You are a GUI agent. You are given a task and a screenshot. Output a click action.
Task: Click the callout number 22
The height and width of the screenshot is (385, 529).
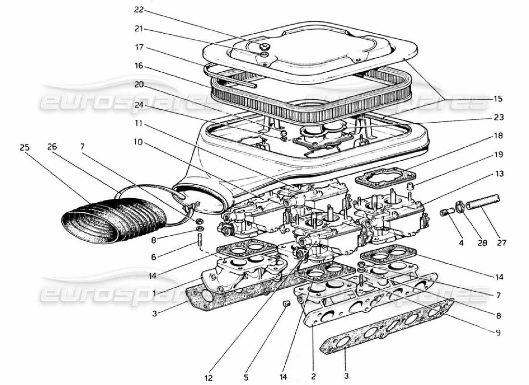click(139, 10)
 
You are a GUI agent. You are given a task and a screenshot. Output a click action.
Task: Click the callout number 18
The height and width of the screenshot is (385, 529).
click(498, 136)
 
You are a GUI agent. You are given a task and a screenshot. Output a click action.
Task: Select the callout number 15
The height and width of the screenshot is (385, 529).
click(498, 99)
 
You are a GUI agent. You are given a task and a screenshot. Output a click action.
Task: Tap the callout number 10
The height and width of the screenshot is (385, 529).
click(139, 142)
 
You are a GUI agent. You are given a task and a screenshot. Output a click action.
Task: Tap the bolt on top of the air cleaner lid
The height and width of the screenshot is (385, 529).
click(263, 46)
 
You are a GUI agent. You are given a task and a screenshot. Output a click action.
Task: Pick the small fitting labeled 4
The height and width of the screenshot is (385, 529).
click(445, 212)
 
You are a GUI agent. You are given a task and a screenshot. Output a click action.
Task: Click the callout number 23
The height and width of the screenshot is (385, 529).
click(498, 117)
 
